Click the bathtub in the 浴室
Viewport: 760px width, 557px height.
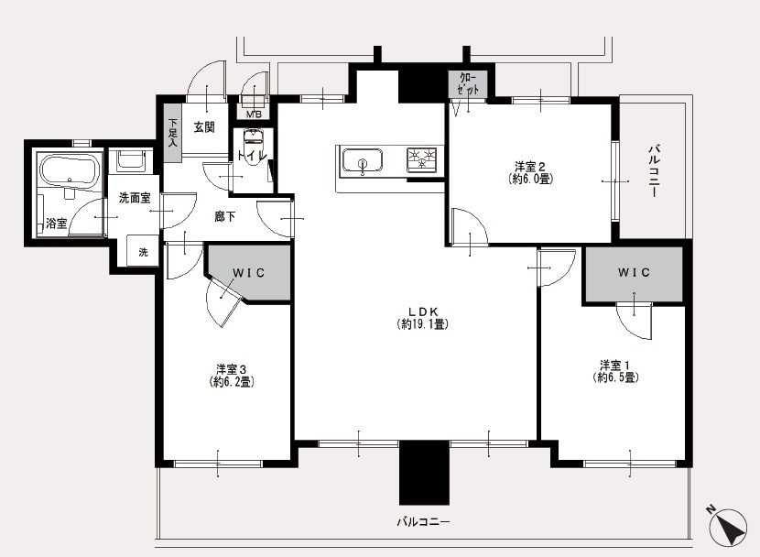click(x=70, y=169)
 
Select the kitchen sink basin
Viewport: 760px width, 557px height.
click(x=362, y=160)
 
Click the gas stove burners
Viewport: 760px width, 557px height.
click(x=421, y=159)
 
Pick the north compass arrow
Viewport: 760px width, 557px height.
click(x=728, y=528)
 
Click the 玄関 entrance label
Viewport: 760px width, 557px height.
click(x=204, y=127)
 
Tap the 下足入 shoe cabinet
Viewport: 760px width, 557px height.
click(x=172, y=133)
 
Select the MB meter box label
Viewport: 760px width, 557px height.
click(x=254, y=115)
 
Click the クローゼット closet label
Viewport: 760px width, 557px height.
click(x=468, y=84)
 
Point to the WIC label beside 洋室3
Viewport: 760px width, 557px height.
click(x=249, y=273)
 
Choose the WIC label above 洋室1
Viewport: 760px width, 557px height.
click(x=634, y=272)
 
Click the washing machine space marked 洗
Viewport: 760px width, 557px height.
click(x=143, y=251)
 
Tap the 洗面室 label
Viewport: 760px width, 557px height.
click(x=135, y=198)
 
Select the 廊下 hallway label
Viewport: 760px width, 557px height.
click(x=225, y=216)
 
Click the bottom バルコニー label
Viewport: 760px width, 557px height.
click(x=423, y=522)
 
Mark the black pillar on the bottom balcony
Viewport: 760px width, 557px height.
click(x=424, y=473)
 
